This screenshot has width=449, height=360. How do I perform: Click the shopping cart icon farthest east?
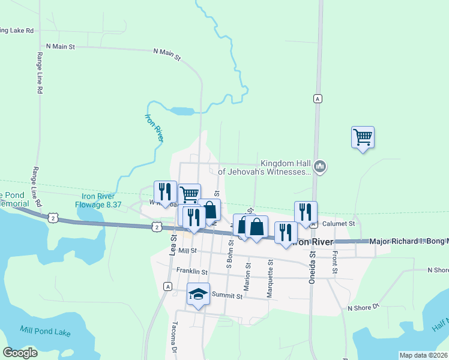363,137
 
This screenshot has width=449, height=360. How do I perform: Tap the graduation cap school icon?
198,294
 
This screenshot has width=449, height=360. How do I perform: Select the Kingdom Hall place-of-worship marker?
320,166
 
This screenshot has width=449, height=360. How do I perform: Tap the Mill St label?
187,250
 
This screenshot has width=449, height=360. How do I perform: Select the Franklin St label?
191,272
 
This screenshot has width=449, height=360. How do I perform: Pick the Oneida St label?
312,263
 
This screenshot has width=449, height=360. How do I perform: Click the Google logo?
20,352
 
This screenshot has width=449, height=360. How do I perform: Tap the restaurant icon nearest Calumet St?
305,212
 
